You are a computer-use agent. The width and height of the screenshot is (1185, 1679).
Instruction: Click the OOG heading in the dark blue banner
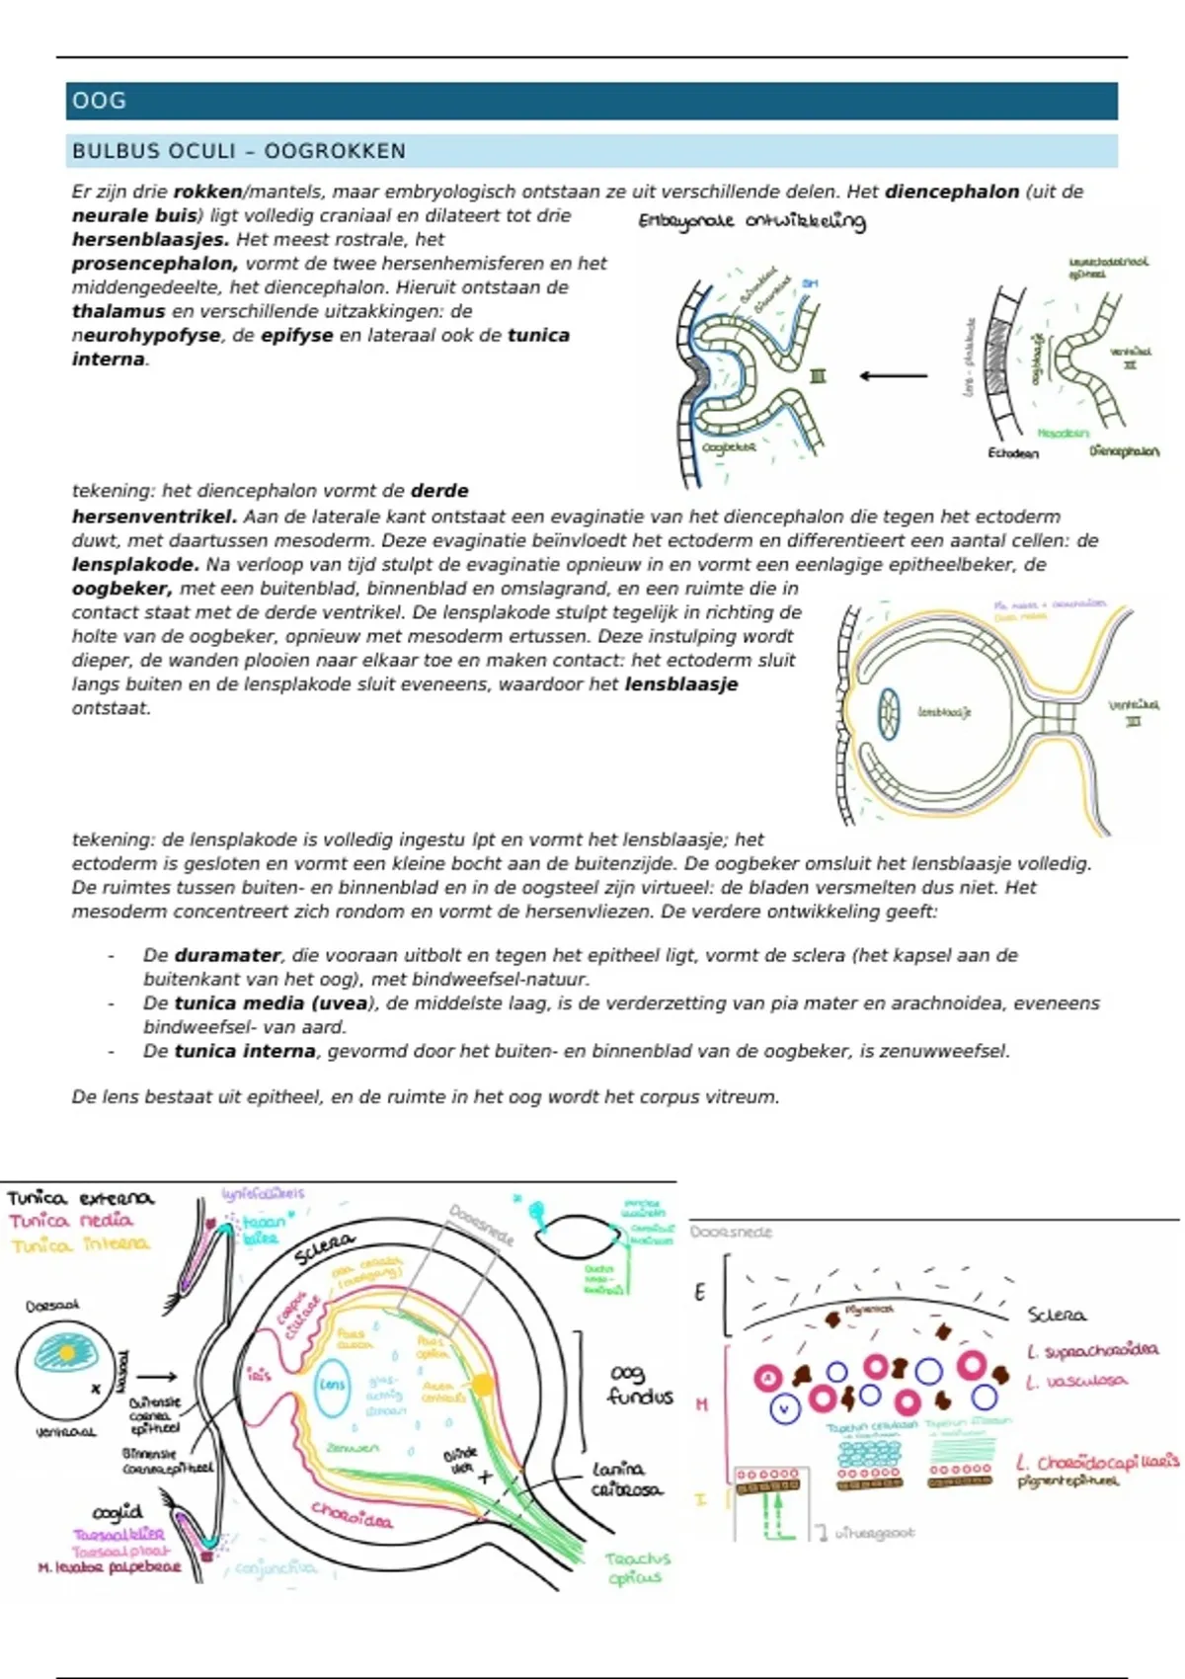coord(99,101)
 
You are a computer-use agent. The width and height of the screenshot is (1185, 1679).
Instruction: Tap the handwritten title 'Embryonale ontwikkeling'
coord(751,221)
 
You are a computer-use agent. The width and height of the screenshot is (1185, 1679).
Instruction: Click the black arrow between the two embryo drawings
coord(893,375)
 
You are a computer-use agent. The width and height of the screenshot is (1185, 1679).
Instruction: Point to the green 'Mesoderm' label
coord(1063,433)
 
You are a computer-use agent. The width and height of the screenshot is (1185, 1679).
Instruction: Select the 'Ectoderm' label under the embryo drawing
coord(1013,453)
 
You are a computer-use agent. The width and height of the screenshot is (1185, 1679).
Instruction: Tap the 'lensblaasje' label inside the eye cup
coord(944,711)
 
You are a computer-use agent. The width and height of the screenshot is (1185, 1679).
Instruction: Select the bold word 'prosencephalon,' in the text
coord(154,264)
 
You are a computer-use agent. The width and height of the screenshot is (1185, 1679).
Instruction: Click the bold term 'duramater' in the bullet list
coord(227,955)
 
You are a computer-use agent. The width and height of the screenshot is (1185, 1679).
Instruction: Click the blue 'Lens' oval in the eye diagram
coord(332,1385)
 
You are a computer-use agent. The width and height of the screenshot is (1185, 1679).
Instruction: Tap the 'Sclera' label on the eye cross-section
coord(324,1248)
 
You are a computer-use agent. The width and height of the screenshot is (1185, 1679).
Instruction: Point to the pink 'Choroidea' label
coord(352,1515)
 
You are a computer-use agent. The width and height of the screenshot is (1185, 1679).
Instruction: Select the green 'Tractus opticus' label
coord(637,1567)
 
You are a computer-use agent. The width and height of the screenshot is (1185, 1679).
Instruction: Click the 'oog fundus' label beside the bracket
coord(639,1385)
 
